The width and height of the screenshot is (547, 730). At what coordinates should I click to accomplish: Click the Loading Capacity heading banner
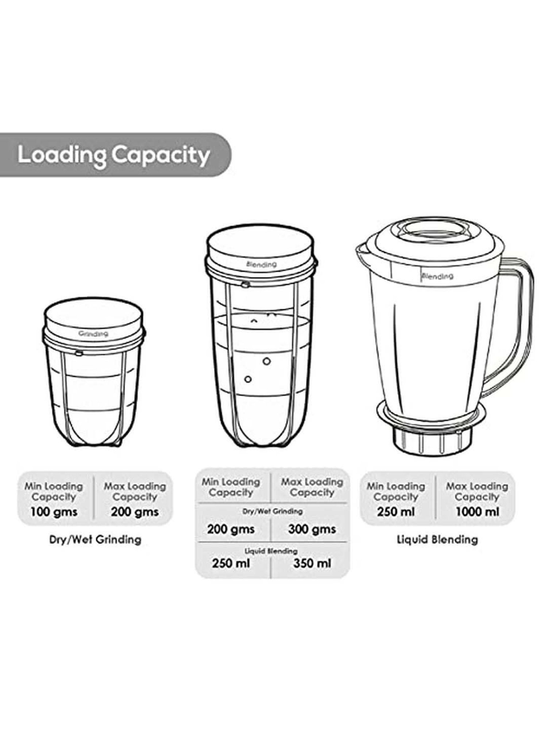point(115,155)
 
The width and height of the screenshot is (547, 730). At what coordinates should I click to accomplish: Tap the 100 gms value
point(54,512)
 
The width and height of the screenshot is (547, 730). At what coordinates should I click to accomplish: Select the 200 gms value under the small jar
point(135,512)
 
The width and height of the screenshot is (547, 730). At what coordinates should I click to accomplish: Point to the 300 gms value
point(312,529)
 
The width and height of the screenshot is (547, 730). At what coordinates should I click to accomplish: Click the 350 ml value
point(312,563)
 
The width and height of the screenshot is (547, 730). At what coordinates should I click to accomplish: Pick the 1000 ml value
point(477,512)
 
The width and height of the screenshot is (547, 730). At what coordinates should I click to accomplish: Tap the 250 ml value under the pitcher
point(396,512)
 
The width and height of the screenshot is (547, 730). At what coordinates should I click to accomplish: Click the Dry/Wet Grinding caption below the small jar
point(95,539)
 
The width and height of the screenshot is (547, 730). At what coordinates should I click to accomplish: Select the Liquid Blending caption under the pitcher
point(437,539)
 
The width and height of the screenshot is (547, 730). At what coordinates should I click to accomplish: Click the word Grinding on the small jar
point(93,334)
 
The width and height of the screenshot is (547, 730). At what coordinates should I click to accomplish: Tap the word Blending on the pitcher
point(437,276)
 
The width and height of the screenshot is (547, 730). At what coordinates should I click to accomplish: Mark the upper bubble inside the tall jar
point(267,361)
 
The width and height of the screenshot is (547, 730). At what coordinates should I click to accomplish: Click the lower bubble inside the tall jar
point(248,379)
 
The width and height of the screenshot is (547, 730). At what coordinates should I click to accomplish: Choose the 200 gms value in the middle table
point(231,529)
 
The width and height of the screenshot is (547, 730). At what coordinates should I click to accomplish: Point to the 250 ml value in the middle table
point(231,563)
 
